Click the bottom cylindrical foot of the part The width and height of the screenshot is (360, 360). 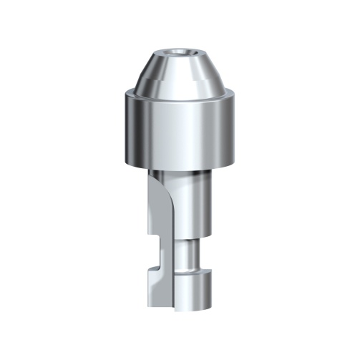tap(190, 293)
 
